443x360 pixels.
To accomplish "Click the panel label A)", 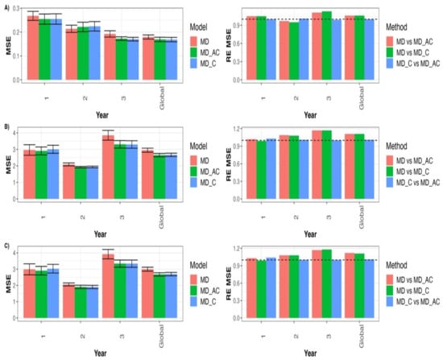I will (6, 6).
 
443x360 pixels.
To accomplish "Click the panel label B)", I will (6, 124).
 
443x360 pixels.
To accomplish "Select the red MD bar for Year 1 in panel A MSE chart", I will (32, 48).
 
